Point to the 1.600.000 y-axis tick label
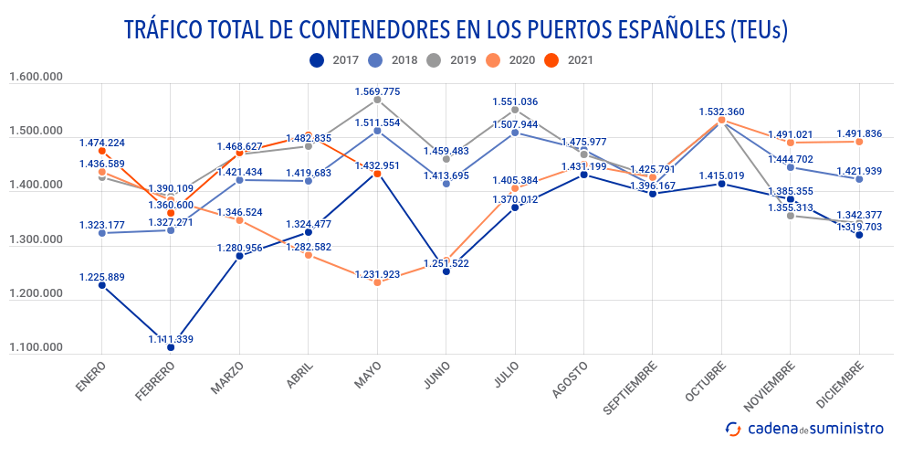[36, 78]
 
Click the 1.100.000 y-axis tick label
[36, 348]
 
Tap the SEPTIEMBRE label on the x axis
[630, 389]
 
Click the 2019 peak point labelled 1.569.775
[377, 99]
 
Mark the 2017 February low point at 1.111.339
[171, 347]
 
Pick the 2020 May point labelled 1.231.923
[377, 282]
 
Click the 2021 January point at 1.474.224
[101, 151]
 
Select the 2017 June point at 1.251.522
[446, 271]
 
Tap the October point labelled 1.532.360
[721, 120]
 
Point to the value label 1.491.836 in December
[858, 133]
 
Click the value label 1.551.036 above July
[515, 101]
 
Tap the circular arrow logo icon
[733, 428]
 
